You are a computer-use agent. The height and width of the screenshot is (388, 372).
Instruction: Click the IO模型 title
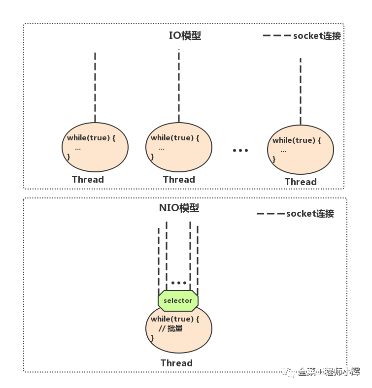point(185,35)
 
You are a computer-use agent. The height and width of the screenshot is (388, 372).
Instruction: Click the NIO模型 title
point(179,208)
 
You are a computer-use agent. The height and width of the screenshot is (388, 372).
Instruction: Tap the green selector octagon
point(178,301)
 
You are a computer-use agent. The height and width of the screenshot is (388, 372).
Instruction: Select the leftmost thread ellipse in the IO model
point(95,147)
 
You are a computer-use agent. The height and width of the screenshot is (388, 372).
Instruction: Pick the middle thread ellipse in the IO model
point(179,147)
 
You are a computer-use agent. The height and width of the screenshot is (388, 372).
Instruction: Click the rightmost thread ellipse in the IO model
point(301,150)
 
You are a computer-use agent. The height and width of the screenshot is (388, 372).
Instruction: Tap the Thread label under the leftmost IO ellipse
point(88,179)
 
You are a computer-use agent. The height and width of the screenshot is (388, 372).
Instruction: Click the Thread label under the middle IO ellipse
point(179,179)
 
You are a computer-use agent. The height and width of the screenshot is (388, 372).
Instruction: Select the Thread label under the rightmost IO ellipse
point(301,182)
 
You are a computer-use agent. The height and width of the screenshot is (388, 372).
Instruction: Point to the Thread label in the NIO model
point(176,363)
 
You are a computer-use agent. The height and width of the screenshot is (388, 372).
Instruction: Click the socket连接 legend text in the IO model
point(317,36)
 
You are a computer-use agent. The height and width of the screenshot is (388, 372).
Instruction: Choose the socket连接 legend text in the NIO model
point(310,214)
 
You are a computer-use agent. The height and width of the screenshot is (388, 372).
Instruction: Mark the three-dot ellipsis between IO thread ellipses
point(240,150)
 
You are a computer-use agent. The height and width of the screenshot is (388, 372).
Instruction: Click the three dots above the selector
point(179,283)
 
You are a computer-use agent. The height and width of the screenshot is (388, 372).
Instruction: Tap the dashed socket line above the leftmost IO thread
point(95,87)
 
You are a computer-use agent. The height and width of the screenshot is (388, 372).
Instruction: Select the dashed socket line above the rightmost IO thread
point(301,92)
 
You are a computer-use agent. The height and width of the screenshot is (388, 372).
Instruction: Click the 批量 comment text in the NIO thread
point(175,328)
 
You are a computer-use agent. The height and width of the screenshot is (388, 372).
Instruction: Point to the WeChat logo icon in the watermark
point(288,371)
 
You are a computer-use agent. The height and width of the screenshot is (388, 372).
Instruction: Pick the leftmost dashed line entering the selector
point(159,261)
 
